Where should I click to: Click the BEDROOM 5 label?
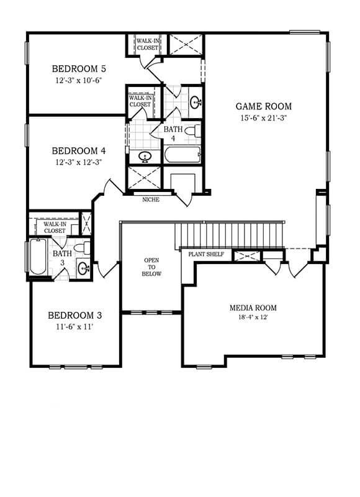click(x=79, y=69)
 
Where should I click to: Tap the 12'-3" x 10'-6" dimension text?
click(x=79, y=80)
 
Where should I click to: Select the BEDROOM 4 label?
click(x=79, y=151)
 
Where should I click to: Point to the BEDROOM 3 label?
click(x=75, y=316)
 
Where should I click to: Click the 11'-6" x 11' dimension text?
click(x=74, y=327)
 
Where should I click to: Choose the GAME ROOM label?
click(x=263, y=106)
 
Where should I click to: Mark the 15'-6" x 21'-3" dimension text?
click(x=263, y=118)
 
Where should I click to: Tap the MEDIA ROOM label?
click(x=253, y=308)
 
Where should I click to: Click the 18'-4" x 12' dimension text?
click(x=253, y=317)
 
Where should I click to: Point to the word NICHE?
click(x=151, y=199)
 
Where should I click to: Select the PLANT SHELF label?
click(x=206, y=254)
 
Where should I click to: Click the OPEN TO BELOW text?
click(x=151, y=267)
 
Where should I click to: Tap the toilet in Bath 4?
click(x=193, y=130)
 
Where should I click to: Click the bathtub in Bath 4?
click(x=182, y=155)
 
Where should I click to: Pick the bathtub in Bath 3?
click(x=38, y=257)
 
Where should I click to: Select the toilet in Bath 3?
click(x=82, y=248)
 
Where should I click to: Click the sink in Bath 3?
click(x=84, y=269)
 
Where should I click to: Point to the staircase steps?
click(x=229, y=236)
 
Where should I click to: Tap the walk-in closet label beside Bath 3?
click(x=55, y=227)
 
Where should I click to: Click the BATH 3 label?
click(x=62, y=258)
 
